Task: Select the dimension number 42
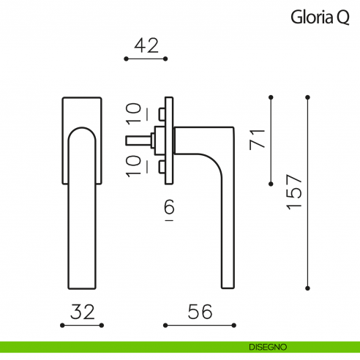coord(146,45)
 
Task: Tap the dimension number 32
coord(83,312)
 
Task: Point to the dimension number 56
coord(199,312)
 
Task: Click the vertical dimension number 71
coord(256,138)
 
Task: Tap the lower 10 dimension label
coord(134,167)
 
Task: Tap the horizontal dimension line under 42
coord(146,59)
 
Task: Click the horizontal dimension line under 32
coord(83,325)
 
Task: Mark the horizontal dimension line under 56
coord(200,325)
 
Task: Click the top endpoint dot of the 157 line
coord(308,97)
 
